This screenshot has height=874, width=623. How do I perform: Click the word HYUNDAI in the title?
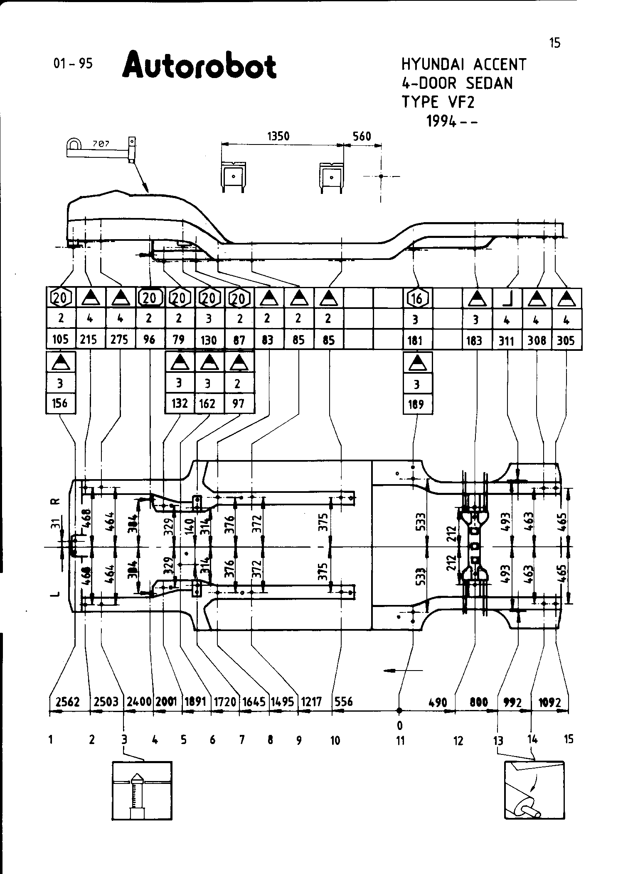click(x=433, y=65)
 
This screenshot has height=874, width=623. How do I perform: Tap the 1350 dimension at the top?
click(x=278, y=136)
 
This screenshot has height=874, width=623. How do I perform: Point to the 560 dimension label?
click(x=361, y=136)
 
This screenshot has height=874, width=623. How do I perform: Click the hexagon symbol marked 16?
click(x=417, y=298)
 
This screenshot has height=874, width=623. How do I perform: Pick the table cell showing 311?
click(x=507, y=341)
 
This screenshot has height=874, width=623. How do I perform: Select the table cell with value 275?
click(x=120, y=340)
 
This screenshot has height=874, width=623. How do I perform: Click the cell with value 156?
click(x=60, y=403)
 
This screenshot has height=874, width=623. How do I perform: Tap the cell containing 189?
click(x=417, y=404)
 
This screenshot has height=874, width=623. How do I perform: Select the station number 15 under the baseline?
click(x=568, y=739)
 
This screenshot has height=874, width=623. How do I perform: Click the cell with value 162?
click(x=209, y=403)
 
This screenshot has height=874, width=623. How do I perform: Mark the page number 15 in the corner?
click(x=554, y=43)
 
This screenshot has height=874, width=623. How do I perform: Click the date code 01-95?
click(x=73, y=63)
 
